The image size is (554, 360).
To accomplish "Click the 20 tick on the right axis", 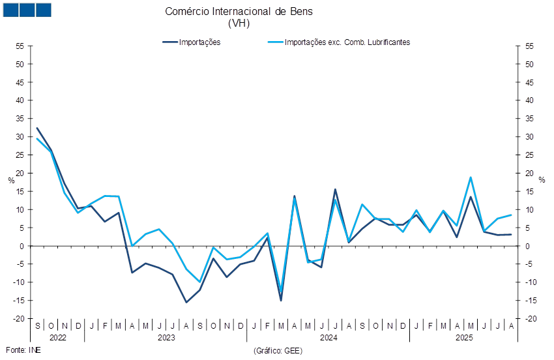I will pyautogui.click(x=531, y=173).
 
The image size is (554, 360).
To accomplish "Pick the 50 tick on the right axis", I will pyautogui.click(x=531, y=65).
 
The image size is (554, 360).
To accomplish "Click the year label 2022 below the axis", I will pyautogui.click(x=57, y=338).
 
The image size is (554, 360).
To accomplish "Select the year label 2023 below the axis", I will pyautogui.click(x=166, y=338).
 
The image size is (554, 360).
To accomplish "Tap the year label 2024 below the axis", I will pyautogui.click(x=328, y=338).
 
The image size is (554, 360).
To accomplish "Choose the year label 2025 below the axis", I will pyautogui.click(x=464, y=338).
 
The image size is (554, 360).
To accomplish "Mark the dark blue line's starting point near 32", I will pyautogui.click(x=37, y=128).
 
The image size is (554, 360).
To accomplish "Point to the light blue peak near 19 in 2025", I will pyautogui.click(x=471, y=177).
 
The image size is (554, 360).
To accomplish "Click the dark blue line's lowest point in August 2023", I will pyautogui.click(x=186, y=302).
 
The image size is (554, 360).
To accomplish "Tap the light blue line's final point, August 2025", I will pyautogui.click(x=511, y=215).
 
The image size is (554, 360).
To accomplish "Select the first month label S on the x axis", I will pyautogui.click(x=37, y=325).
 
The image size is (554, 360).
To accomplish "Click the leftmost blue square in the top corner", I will pyautogui.click(x=10, y=10).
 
